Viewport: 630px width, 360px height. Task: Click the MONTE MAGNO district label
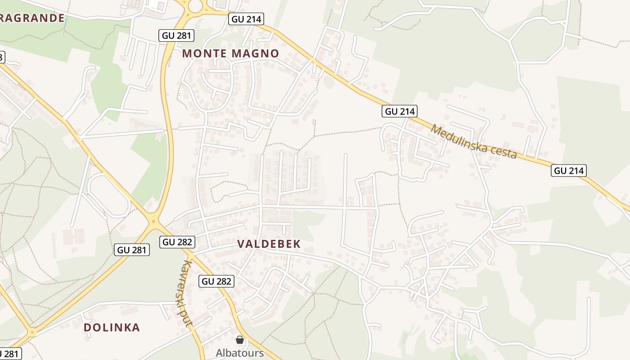click(230, 54)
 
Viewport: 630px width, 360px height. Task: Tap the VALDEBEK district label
click(269, 244)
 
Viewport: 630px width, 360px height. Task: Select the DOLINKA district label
click(112, 327)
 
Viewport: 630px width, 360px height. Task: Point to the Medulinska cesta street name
click(473, 141)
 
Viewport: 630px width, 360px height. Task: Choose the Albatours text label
click(239, 352)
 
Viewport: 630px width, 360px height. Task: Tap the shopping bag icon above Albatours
click(240, 340)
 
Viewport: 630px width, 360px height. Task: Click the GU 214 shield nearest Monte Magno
click(246, 19)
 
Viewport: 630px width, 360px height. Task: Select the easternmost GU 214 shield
click(569, 171)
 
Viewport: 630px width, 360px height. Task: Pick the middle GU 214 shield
click(400, 111)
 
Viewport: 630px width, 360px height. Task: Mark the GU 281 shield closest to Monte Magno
click(176, 36)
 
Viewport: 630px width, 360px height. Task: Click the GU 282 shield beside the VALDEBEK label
click(177, 242)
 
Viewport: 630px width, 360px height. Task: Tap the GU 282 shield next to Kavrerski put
click(216, 282)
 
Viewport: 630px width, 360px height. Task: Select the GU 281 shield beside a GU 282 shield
click(132, 250)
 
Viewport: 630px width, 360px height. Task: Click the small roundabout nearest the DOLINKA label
click(32, 333)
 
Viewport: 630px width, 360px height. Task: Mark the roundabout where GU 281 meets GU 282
click(154, 220)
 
